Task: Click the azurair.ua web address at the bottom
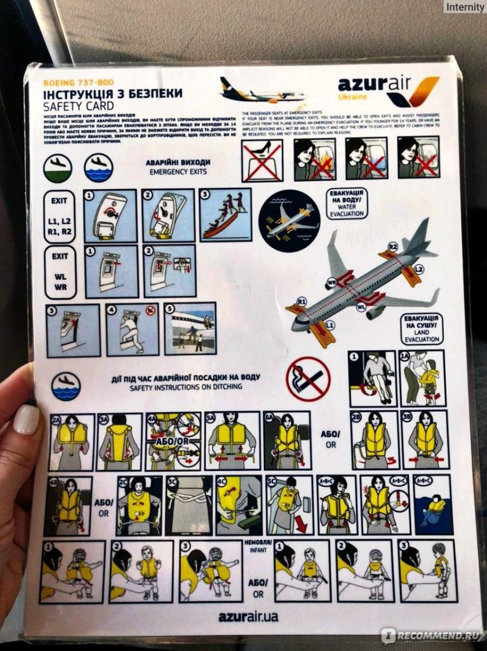coord(249,616)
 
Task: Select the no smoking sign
coord(308,379)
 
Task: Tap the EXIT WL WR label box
coord(61,271)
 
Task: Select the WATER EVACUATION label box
coord(347,203)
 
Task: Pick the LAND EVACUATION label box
coord(421,329)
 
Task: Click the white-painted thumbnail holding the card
coord(26,419)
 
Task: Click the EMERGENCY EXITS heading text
coord(179,172)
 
